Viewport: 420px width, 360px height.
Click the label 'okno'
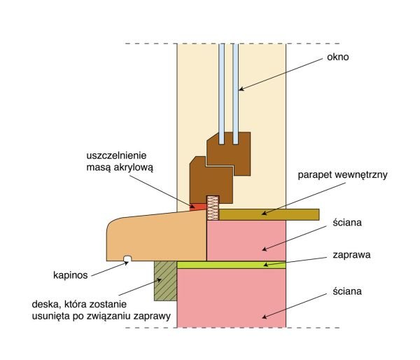pos(337,57)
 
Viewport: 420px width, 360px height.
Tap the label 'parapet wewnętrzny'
pos(342,175)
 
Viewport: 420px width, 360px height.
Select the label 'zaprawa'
pos(351,255)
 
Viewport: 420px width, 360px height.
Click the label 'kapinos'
pos(71,275)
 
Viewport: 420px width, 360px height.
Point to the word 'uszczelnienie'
pos(116,155)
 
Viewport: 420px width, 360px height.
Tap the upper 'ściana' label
pos(347,223)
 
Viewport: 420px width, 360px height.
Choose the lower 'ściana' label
pos(347,291)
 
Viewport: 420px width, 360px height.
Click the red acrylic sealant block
pos(199,207)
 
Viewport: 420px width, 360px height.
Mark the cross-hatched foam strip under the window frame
pos(213,208)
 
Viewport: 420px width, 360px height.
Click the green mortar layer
pos(232,265)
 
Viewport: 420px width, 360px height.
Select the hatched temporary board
pos(165,281)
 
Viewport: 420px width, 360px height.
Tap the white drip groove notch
pos(127,258)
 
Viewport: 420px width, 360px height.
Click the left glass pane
pos(221,94)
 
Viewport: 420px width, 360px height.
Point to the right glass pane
pos(235,94)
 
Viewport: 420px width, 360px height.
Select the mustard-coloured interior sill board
pos(269,215)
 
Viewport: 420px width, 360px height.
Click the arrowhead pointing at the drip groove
pos(125,263)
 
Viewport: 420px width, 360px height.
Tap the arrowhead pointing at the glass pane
pos(241,89)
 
